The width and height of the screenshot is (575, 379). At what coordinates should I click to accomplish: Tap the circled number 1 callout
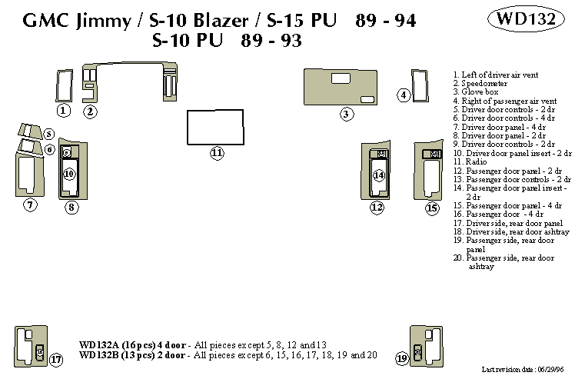point(64,111)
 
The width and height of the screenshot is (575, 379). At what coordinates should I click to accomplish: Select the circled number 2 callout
point(90,111)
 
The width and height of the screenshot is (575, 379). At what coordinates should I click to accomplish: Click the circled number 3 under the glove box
point(347,115)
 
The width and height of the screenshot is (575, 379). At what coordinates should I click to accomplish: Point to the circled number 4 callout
point(404,95)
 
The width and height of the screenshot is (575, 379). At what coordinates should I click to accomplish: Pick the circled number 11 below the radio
point(217,153)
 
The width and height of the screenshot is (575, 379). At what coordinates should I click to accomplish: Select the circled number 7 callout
point(30,204)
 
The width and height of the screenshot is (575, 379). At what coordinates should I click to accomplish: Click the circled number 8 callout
point(71,207)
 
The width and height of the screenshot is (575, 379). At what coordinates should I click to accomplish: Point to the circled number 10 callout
point(69,175)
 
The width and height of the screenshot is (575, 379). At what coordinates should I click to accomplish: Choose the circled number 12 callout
point(377,208)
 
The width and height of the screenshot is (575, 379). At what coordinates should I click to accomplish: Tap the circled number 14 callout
point(379,175)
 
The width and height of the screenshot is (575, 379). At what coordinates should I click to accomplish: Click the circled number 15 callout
point(432,208)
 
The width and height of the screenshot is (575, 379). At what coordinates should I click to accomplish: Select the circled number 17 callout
point(56,359)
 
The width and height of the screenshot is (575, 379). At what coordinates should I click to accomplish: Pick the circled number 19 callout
point(402,359)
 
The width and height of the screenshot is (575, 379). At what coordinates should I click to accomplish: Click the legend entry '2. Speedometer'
point(477,81)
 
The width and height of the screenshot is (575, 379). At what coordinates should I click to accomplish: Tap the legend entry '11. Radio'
point(469,162)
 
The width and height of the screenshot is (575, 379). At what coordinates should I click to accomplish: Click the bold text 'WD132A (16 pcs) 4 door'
point(131,344)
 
